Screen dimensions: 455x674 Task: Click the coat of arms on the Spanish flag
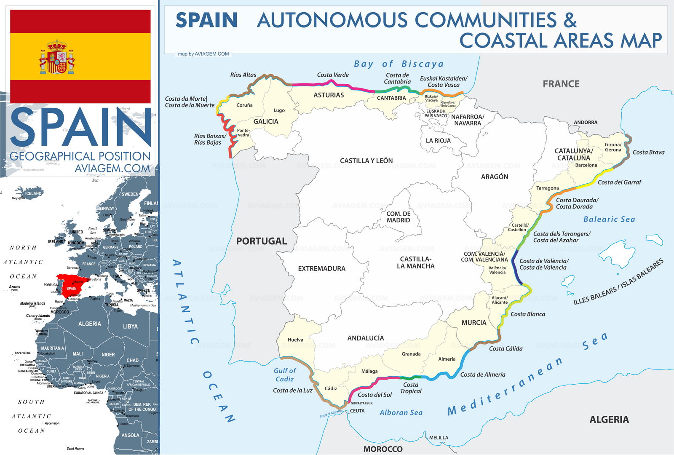(57, 57)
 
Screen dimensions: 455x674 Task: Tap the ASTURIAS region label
(329, 95)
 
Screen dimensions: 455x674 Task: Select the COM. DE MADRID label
(398, 217)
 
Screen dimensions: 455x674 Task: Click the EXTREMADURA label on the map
(321, 269)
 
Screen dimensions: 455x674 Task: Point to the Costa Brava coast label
(648, 153)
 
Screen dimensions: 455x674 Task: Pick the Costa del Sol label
(374, 395)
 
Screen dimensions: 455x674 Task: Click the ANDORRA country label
(586, 123)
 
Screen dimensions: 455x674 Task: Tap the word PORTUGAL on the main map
(261, 241)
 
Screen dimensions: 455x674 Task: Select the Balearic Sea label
(609, 219)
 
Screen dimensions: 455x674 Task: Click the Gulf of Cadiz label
(285, 375)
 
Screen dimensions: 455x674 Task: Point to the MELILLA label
(439, 438)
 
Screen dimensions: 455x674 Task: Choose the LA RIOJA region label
(438, 141)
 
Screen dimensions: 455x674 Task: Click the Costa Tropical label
(411, 388)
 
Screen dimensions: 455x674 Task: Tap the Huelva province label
(295, 340)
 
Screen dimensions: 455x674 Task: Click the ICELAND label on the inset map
(33, 193)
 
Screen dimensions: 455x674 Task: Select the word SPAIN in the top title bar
(206, 20)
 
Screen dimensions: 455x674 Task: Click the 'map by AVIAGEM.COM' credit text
(203, 54)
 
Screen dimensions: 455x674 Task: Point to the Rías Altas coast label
(243, 75)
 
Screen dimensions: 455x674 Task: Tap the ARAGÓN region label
(495, 177)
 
